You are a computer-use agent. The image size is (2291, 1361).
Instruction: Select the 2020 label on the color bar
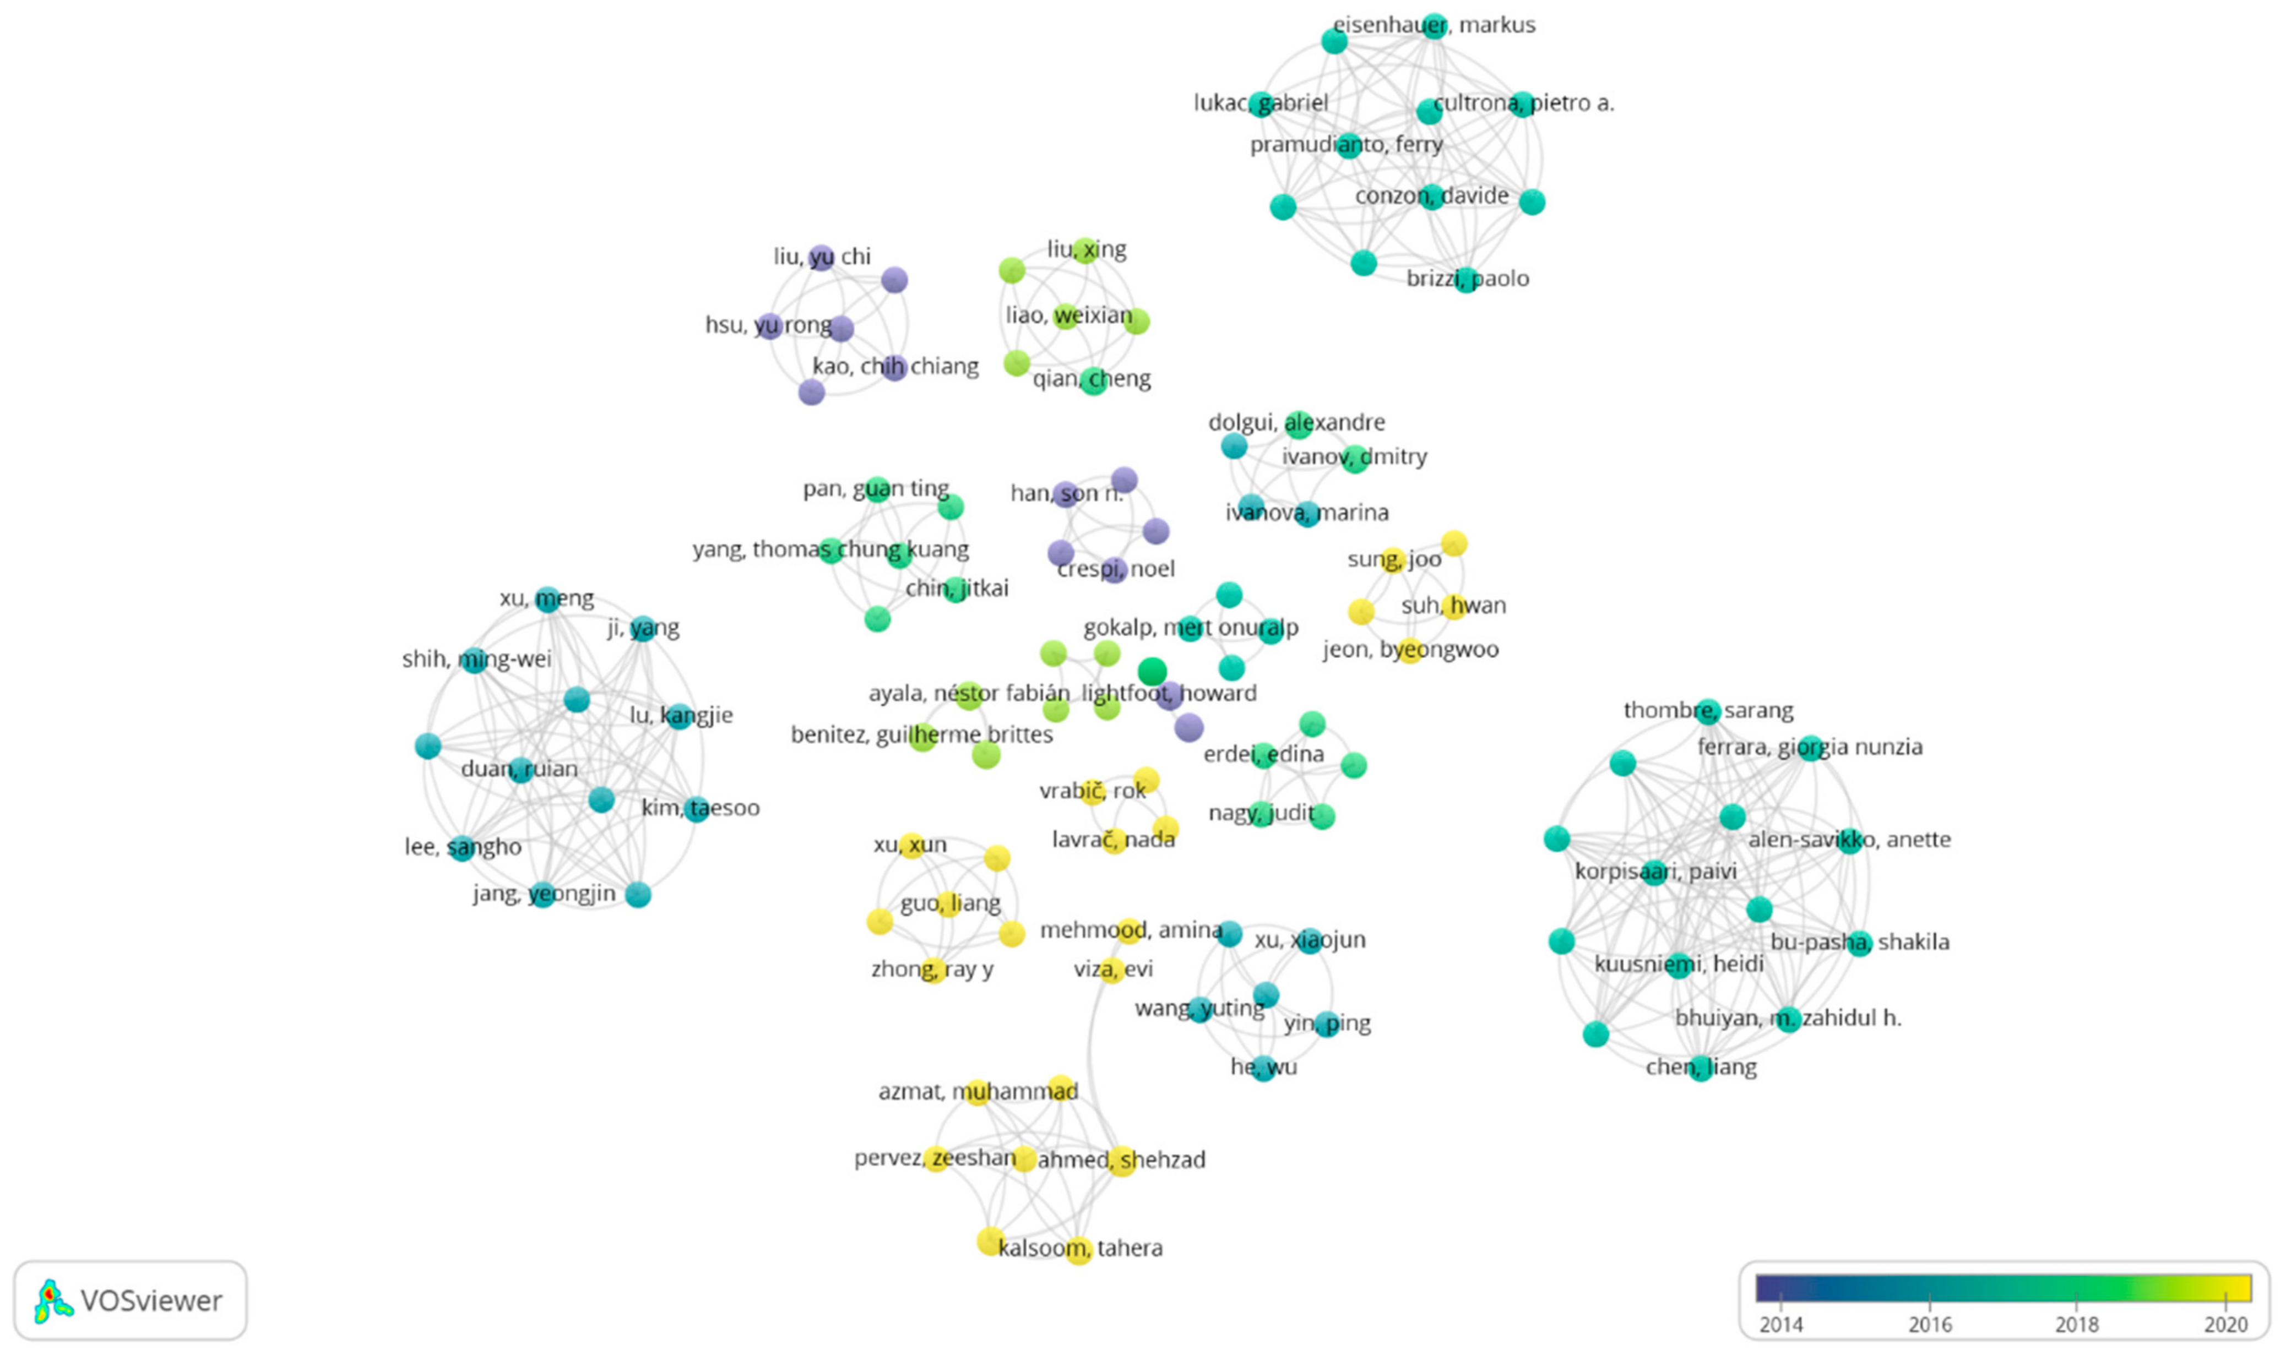tap(2226, 1324)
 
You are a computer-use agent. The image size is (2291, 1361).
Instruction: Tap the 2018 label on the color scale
tap(2076, 1324)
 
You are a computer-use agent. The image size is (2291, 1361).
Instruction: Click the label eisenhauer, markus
tap(1434, 25)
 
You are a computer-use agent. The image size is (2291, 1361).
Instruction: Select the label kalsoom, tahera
tap(1079, 1248)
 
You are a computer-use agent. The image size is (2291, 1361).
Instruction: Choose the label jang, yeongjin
tap(544, 893)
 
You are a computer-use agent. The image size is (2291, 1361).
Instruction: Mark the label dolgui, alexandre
tap(1296, 423)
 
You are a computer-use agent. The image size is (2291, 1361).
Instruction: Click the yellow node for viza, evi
tap(1111, 970)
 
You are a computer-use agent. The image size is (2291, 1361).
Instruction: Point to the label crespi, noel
tap(1115, 569)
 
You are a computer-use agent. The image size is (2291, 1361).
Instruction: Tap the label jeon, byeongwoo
tap(1410, 649)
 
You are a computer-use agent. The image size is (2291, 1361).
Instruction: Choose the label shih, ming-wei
tap(476, 660)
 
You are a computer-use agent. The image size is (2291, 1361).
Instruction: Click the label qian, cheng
tap(1092, 379)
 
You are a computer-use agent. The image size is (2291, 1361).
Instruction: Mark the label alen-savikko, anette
tap(1849, 839)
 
